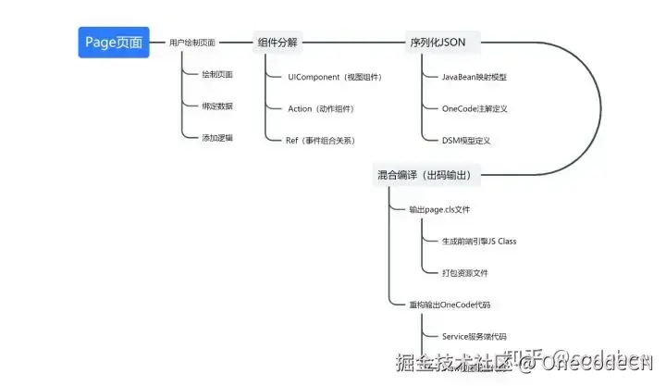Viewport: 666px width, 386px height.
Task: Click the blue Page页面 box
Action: [113, 43]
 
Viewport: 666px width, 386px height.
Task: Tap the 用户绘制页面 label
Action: [192, 43]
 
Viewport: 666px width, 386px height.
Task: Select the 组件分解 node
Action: [277, 43]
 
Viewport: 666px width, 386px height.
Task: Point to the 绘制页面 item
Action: [217, 75]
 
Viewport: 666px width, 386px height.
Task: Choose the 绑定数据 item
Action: [217, 106]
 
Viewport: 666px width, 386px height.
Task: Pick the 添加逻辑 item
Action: [217, 138]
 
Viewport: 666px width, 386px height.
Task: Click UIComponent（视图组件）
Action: [335, 77]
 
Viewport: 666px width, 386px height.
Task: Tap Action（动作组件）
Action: [320, 109]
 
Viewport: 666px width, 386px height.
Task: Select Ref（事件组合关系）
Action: [321, 141]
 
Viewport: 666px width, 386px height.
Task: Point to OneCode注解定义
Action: [475, 109]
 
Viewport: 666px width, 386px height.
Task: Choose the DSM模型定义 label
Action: [466, 141]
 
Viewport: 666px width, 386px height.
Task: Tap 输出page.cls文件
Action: [439, 210]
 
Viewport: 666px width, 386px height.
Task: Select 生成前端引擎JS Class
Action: [479, 242]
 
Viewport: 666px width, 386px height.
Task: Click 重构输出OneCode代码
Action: [449, 305]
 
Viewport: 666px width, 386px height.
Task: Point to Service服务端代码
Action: [474, 337]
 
